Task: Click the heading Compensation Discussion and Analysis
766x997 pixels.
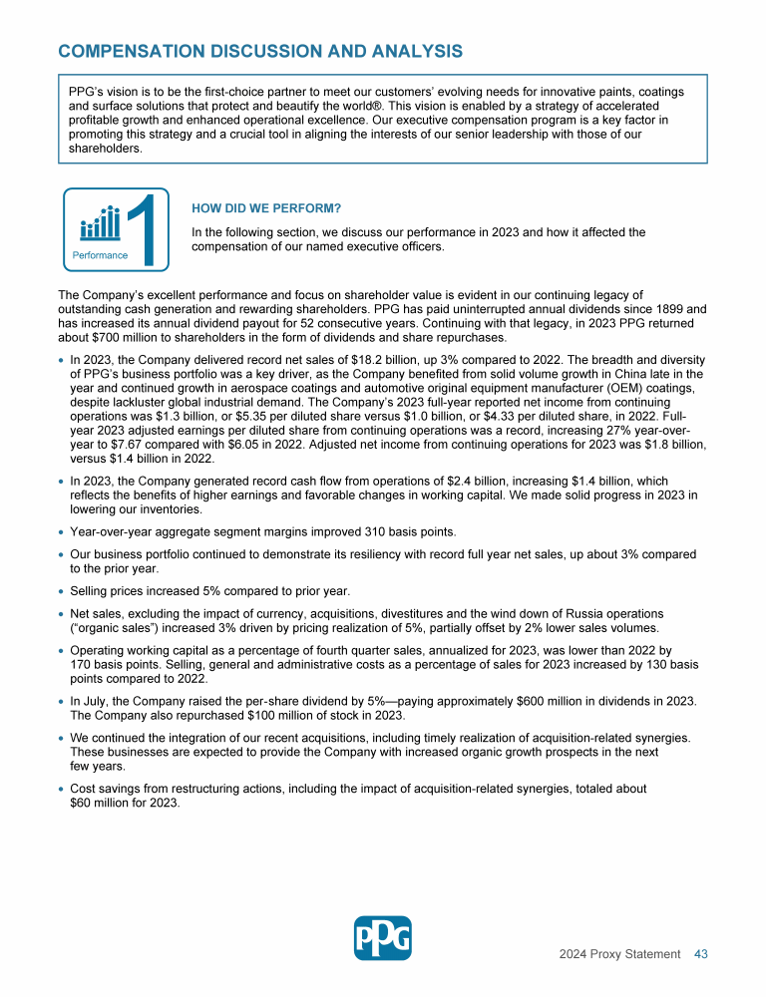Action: tap(260, 51)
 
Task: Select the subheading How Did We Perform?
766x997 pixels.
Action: tap(266, 208)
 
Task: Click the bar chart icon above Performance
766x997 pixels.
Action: tap(100, 224)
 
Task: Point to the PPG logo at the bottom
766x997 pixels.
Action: tap(383, 938)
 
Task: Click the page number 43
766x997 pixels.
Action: tap(701, 954)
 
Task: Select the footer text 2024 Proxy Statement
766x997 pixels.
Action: tap(619, 954)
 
